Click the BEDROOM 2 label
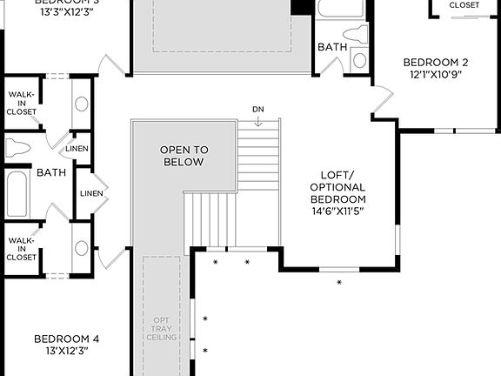pyautogui.click(x=436, y=62)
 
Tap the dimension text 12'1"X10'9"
pyautogui.click(x=436, y=75)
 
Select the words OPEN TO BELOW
pyautogui.click(x=183, y=156)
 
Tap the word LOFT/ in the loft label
pyautogui.click(x=337, y=174)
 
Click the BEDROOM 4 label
pyautogui.click(x=66, y=339)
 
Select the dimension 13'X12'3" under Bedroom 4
pyautogui.click(x=66, y=351)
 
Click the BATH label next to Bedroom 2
pyautogui.click(x=331, y=47)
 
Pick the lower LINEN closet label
pyautogui.click(x=90, y=192)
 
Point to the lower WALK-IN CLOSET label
pyautogui.click(x=22, y=249)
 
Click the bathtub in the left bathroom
pyautogui.click(x=17, y=193)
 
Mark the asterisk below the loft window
pyautogui.click(x=339, y=283)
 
